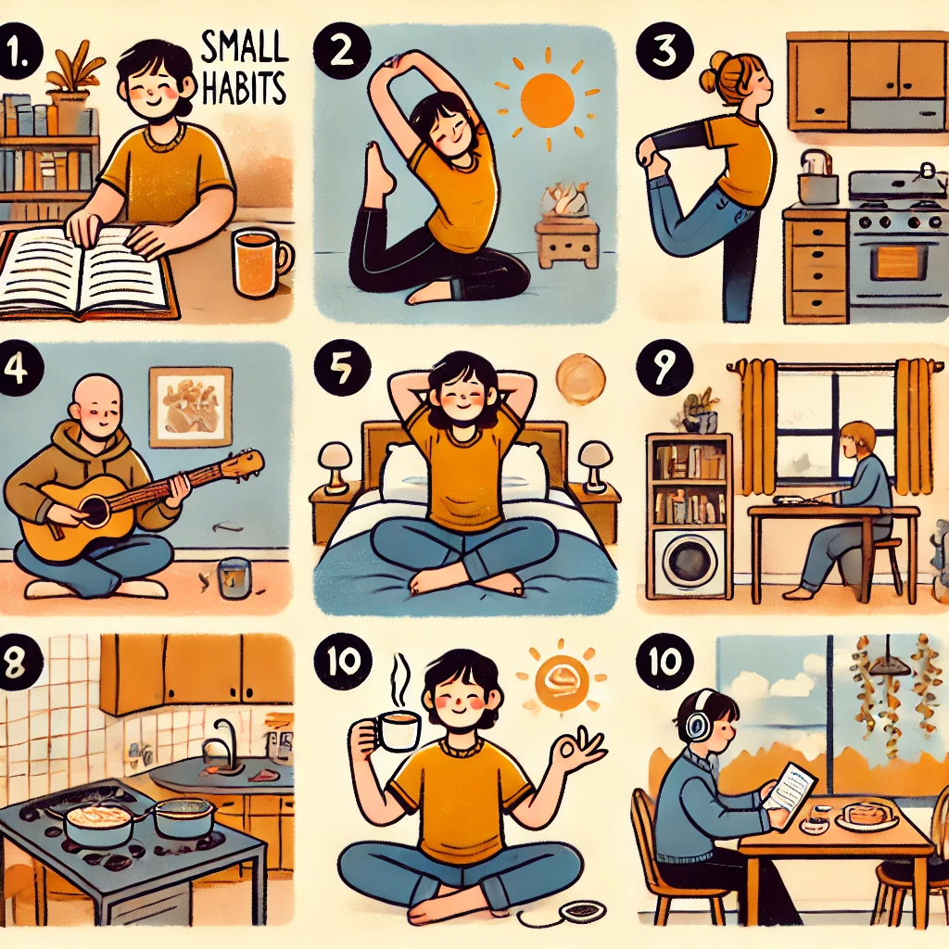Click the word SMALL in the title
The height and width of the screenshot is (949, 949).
(244, 49)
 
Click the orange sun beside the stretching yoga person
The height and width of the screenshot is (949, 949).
(547, 100)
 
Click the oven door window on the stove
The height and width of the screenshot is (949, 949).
(897, 262)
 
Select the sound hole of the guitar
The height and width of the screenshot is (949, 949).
(95, 511)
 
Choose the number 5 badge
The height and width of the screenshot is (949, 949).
(342, 369)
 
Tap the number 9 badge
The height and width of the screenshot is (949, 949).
(664, 365)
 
